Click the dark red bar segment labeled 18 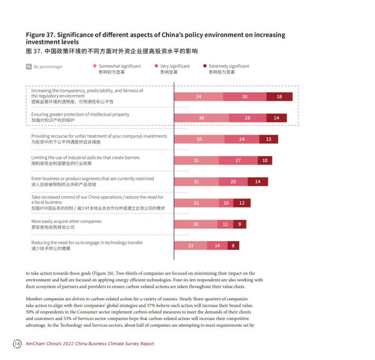[x=279, y=97]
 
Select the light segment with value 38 [x=201, y=118]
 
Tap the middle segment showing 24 [x=242, y=139]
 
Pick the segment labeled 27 [x=238, y=160]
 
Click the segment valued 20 [x=233, y=182]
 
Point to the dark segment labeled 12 [x=242, y=203]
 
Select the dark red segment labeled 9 [x=240, y=224]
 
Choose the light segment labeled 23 [x=191, y=245]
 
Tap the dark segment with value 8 [x=233, y=245]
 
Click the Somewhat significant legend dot [x=95, y=66]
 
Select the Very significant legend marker [x=156, y=66]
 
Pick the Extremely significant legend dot [x=205, y=66]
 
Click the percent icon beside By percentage [x=29, y=67]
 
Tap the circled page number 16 [x=17, y=344]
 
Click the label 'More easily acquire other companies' [x=66, y=221]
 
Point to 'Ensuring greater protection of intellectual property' [x=80, y=115]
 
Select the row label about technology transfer [x=87, y=243]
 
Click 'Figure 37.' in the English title [x=41, y=35]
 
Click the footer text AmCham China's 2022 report [x=90, y=344]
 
